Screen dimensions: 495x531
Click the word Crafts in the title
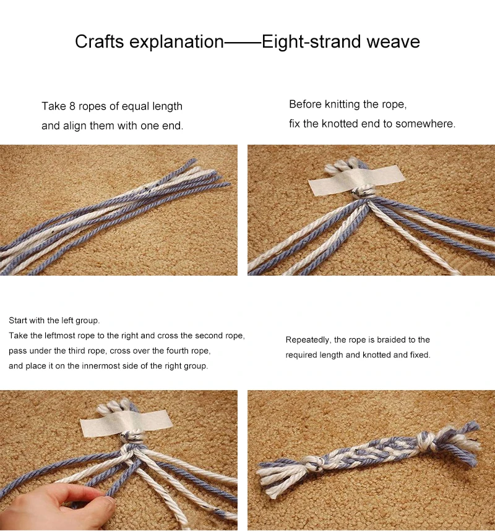click(100, 41)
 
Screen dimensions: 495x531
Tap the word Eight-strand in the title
click(311, 42)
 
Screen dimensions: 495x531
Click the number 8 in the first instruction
click(72, 106)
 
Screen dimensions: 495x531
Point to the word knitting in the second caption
click(342, 104)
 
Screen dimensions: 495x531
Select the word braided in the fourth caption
click(394, 339)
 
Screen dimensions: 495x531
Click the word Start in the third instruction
click(18, 320)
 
